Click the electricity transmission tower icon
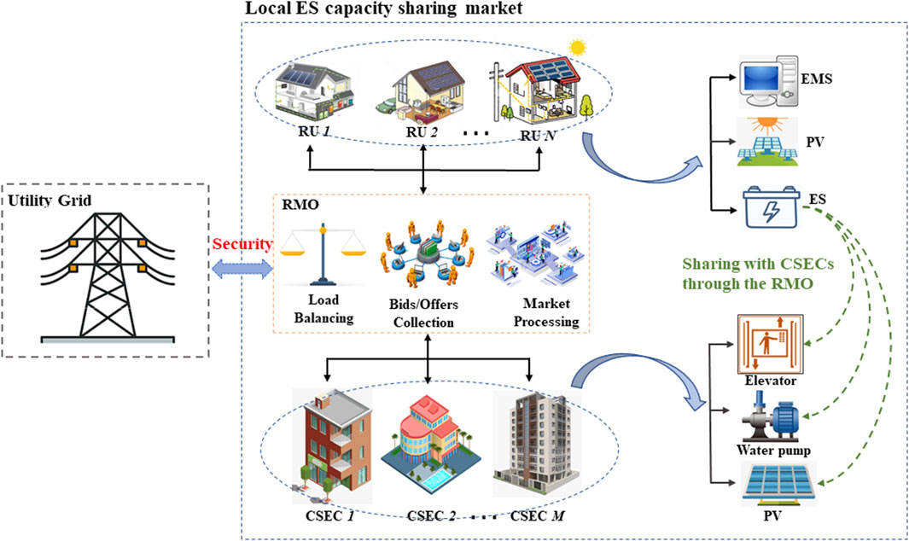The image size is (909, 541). click(x=107, y=272)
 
